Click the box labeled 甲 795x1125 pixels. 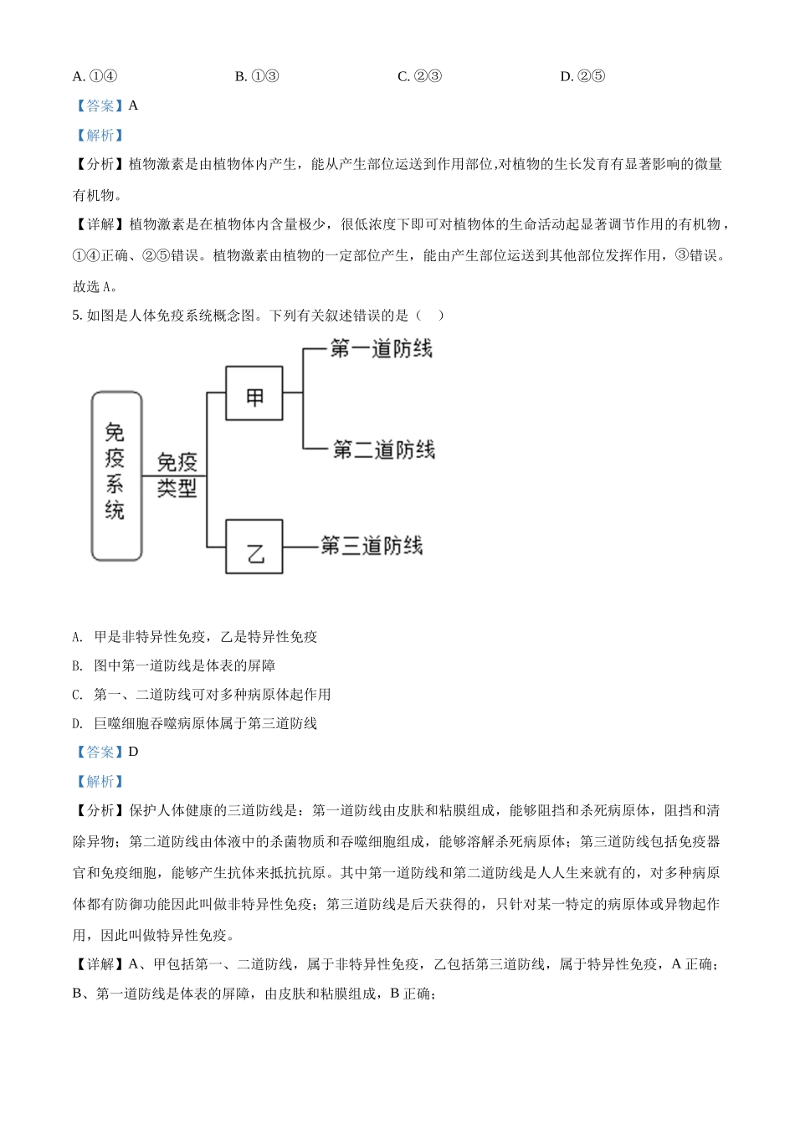[254, 393]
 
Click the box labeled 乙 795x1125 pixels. [254, 547]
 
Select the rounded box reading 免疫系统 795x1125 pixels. [116, 475]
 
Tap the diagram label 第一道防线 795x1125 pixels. [381, 348]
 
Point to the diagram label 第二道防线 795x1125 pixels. [383, 449]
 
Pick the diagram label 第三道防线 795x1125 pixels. [372, 546]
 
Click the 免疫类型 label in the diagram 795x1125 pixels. [177, 475]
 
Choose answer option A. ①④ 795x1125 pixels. [95, 76]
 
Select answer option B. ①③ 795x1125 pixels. [257, 76]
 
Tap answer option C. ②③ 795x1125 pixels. [419, 76]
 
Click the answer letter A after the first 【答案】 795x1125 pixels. [133, 105]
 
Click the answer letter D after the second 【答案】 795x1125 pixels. [133, 752]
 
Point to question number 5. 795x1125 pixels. [77, 316]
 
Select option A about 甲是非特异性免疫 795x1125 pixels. [195, 637]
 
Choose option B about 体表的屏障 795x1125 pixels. [173, 665]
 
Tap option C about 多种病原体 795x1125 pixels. [201, 694]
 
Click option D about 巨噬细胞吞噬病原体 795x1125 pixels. [194, 723]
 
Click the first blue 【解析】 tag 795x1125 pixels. [100, 135]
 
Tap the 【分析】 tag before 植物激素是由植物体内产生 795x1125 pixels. [100, 164]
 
